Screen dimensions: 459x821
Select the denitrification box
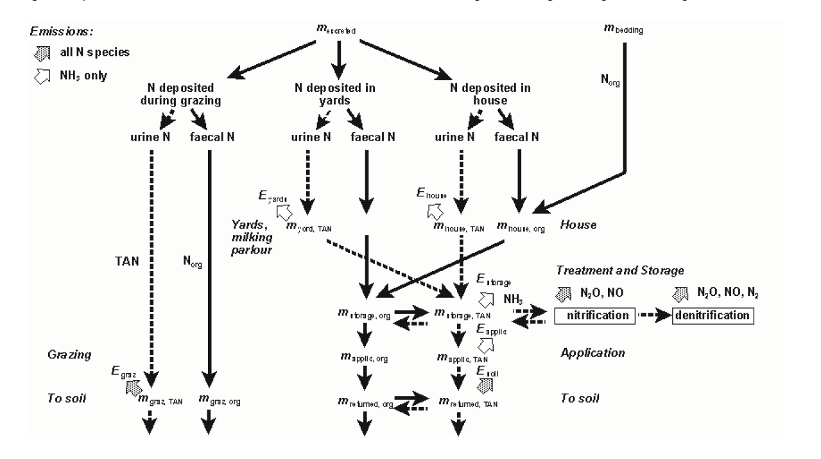[x=713, y=315]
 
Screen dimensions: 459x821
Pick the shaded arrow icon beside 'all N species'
[x=37, y=53]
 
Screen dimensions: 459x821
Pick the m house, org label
[x=521, y=227]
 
